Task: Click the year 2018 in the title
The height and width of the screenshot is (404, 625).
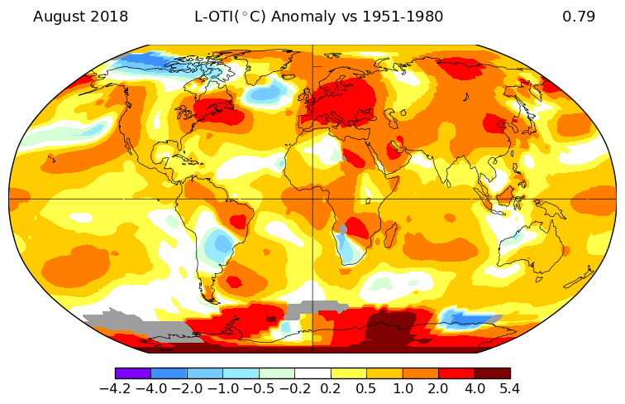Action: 110,17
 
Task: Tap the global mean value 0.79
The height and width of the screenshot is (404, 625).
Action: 579,17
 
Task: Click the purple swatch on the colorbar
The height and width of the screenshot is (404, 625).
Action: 133,373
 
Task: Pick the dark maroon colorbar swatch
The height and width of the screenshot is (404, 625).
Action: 492,373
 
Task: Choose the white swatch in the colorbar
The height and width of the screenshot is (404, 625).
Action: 312,373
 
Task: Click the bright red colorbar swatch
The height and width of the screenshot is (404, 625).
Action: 456,373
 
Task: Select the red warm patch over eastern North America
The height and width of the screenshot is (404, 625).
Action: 212,108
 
